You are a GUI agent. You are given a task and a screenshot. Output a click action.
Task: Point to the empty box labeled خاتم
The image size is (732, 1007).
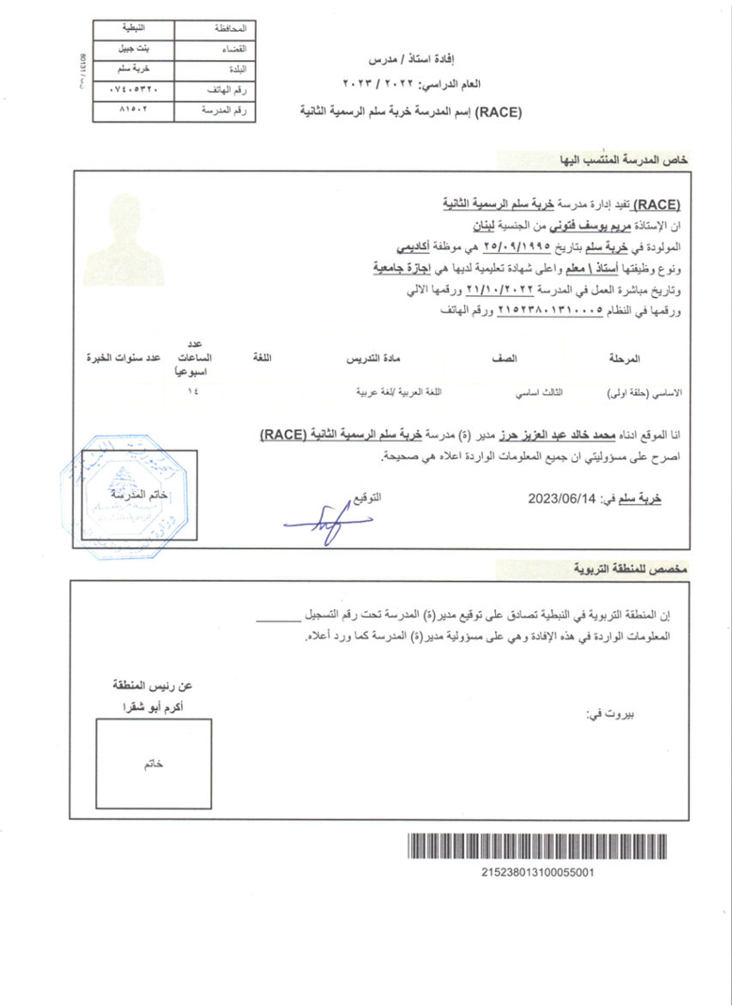tap(153, 764)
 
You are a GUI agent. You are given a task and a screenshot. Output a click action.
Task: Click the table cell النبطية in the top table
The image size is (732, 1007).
tap(132, 28)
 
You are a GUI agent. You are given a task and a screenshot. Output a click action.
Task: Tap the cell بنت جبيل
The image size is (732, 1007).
tap(132, 50)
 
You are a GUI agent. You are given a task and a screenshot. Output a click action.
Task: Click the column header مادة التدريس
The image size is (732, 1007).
tap(375, 358)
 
